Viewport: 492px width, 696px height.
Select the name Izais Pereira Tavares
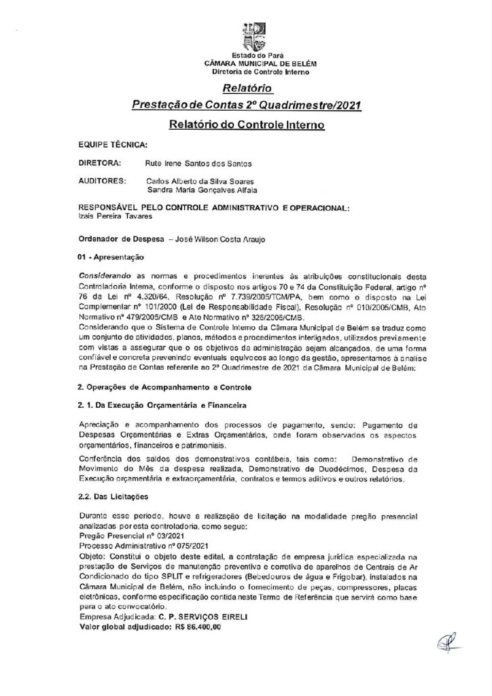coord(115,217)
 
